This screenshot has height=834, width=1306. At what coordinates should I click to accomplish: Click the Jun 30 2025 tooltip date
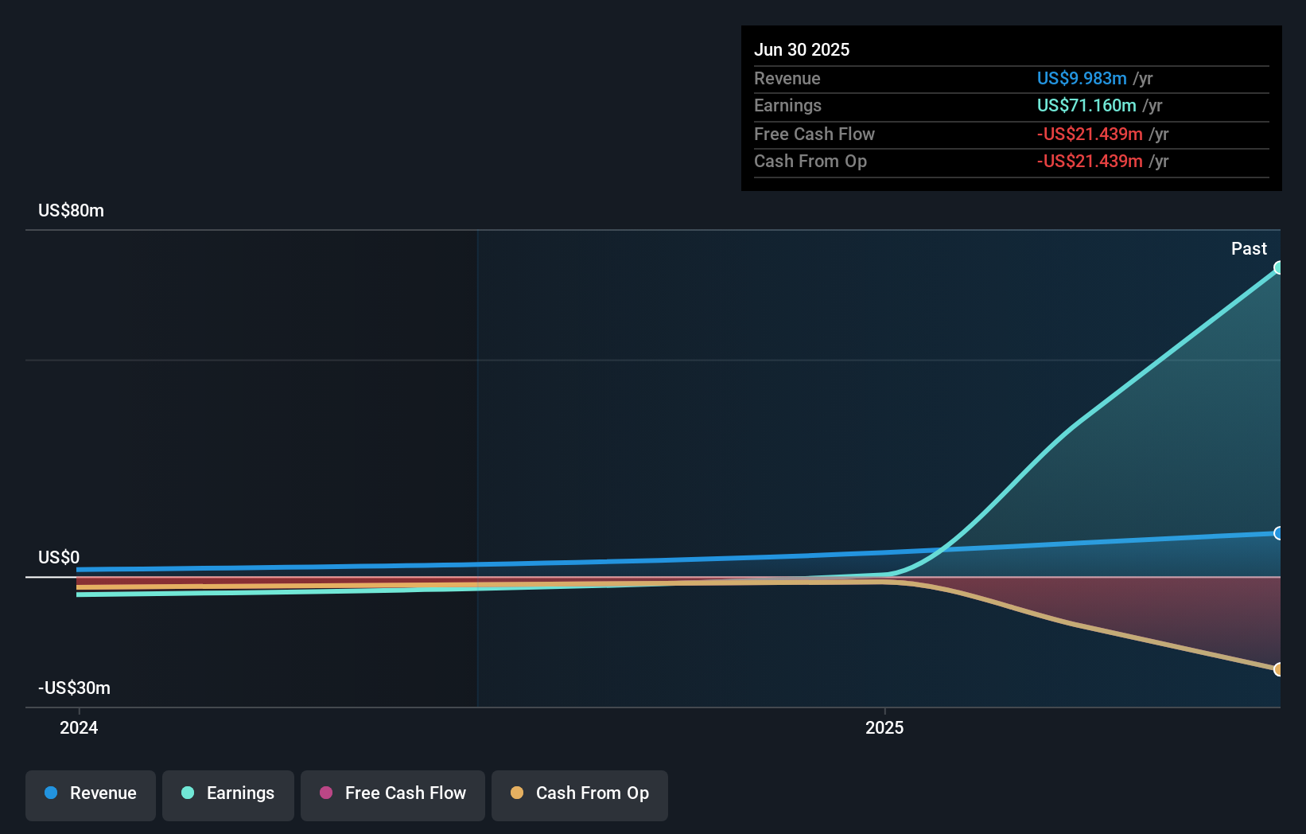coord(801,49)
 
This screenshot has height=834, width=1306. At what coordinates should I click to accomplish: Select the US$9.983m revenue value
coord(1081,78)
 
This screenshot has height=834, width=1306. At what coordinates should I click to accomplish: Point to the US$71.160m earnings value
coord(1086,105)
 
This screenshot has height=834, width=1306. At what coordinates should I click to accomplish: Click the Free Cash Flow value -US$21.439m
coord(1089,134)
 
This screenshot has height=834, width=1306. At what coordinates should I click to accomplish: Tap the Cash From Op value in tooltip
coord(1089,161)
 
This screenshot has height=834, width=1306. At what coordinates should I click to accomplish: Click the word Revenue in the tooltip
coord(787,78)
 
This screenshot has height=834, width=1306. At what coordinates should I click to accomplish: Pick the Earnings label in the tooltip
coord(787,105)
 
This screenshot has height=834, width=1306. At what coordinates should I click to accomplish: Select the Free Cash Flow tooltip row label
coord(814,134)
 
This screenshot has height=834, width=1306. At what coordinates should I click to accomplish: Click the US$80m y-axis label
coord(71,210)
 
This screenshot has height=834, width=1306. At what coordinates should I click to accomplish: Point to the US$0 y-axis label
coord(59,557)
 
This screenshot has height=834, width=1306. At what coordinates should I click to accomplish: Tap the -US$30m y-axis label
coord(74,688)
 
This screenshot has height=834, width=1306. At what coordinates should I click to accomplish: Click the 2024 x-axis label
coord(79,727)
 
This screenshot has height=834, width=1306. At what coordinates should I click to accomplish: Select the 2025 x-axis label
coord(884,727)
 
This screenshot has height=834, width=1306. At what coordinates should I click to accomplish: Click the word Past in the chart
coord(1248,248)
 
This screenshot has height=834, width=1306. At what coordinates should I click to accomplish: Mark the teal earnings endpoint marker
coord(1278,267)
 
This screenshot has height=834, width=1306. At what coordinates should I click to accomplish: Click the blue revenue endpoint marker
coord(1278,533)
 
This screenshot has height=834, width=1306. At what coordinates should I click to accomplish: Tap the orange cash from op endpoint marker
coord(1278,669)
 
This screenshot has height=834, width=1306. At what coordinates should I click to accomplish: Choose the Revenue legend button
coord(91,794)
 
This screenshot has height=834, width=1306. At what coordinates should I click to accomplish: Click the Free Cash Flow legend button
coord(393,794)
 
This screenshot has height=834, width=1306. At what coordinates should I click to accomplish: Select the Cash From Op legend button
coord(580,794)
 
